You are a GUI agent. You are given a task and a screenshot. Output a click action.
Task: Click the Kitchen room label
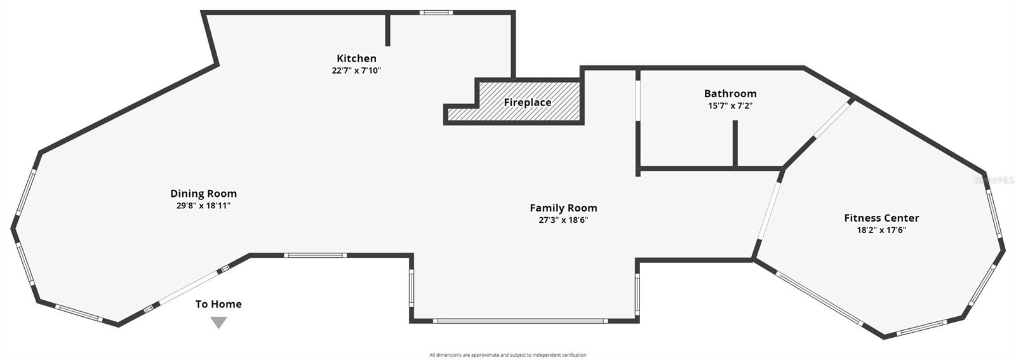coord(356,58)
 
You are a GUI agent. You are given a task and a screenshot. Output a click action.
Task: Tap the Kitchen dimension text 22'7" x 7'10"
coord(356,70)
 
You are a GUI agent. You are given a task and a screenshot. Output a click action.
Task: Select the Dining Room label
coord(203,194)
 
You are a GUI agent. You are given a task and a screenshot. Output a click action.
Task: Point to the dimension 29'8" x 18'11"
coord(203,206)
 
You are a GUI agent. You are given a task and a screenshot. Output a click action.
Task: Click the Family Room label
coord(563,208)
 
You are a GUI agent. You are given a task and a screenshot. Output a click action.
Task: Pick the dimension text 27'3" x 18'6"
coord(563,220)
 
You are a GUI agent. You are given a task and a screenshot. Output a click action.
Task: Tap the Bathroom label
coord(730,93)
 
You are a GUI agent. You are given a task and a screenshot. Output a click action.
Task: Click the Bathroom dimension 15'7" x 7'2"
coord(730,106)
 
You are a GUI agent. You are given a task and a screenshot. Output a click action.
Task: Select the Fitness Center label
coord(881,218)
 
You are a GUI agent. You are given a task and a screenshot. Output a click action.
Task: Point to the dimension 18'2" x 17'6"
coord(881,230)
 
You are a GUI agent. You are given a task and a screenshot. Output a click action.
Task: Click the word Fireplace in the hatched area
coord(527,102)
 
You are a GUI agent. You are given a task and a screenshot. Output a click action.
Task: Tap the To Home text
coord(218,304)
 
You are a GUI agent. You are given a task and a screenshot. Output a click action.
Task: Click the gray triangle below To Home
coord(218,322)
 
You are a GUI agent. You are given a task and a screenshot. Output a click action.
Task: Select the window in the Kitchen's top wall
coord(436,12)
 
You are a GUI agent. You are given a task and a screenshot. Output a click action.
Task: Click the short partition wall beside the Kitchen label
coord(388,29)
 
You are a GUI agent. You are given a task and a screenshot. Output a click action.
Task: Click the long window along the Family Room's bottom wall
coord(520,321)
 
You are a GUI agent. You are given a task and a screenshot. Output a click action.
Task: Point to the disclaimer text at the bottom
coord(507,355)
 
